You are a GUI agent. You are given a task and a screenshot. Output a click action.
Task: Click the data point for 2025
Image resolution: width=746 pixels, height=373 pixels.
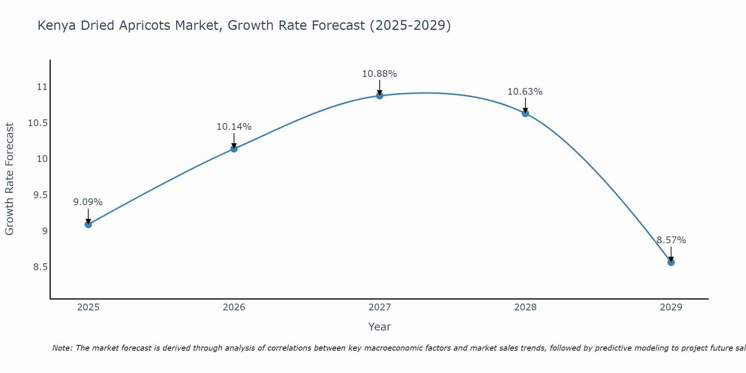[x=88, y=224]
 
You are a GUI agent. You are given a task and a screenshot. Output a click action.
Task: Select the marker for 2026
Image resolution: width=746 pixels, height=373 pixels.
[x=234, y=149]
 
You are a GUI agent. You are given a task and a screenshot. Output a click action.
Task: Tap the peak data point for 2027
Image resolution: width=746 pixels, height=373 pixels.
[x=380, y=96]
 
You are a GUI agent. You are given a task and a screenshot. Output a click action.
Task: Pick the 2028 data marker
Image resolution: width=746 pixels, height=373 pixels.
[x=525, y=113]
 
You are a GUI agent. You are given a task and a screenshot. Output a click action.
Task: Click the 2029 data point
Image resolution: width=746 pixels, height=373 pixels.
[x=671, y=262]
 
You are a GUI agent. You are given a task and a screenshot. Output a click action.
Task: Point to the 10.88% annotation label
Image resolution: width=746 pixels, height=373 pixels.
[x=379, y=74]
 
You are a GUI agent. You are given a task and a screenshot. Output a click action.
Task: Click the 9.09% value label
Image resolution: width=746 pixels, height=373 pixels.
[x=88, y=202]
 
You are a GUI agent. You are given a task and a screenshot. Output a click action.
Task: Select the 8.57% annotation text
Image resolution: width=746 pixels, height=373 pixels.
[x=671, y=240]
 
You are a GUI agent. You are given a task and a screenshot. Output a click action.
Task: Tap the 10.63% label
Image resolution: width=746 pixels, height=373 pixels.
[x=525, y=92]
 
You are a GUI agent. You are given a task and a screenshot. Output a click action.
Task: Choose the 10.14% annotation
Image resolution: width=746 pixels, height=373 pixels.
[x=234, y=127]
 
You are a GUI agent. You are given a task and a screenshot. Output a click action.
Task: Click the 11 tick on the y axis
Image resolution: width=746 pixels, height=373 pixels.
[x=42, y=87]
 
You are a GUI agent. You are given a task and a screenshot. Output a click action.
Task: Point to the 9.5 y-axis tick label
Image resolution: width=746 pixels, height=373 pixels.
[x=40, y=195]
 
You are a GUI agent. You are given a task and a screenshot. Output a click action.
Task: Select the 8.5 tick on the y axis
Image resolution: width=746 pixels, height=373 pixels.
[x=40, y=267]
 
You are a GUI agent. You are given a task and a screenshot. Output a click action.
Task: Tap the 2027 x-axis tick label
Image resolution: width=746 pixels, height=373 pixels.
[x=379, y=307]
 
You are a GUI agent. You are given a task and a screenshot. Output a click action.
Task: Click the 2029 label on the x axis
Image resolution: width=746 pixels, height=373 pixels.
[x=671, y=307]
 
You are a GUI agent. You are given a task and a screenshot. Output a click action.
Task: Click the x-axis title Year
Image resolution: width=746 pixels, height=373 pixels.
[x=379, y=327]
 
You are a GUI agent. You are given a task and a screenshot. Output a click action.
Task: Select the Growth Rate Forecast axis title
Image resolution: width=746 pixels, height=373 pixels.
[x=9, y=179]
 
